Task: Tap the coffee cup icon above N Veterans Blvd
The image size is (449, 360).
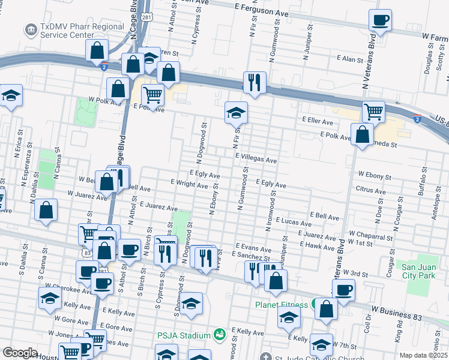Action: [380, 21]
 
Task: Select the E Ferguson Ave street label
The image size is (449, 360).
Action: [262, 11]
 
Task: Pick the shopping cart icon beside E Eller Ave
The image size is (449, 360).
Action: [374, 112]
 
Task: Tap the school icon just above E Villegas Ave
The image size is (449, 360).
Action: [237, 113]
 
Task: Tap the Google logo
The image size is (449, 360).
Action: [20, 353]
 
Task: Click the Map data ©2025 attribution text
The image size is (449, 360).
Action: [424, 355]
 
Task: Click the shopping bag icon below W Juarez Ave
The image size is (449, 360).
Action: [46, 211]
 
